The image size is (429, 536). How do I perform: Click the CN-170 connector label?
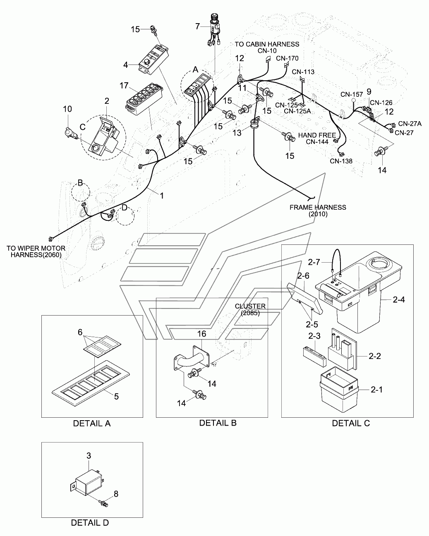click(287, 58)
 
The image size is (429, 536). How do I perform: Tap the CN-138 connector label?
click(341, 161)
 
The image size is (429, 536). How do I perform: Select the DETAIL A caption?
click(92, 424)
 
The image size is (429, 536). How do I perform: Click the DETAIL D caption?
click(90, 522)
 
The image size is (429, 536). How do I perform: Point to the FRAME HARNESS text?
click(318, 207)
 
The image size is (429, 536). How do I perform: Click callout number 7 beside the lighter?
click(198, 26)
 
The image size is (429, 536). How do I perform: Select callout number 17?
click(124, 86)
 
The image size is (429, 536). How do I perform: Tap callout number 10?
click(67, 109)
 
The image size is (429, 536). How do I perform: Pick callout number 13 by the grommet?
click(237, 133)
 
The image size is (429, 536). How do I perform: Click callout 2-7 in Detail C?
click(314, 262)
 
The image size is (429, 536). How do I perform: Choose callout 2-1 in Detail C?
click(377, 389)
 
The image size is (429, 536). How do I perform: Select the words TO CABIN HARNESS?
click(267, 44)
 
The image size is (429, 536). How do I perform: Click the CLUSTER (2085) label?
click(250, 309)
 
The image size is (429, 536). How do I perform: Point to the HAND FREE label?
click(317, 135)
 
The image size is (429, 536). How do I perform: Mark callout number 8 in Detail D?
click(116, 494)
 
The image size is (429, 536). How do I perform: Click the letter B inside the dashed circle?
click(80, 182)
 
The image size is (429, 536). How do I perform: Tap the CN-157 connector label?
click(352, 94)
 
